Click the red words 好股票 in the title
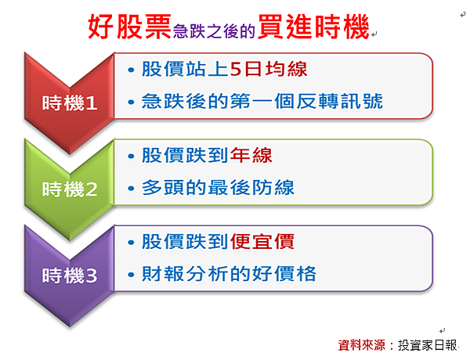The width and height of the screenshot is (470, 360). click(x=129, y=27)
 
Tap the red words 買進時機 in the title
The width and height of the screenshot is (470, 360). click(x=313, y=27)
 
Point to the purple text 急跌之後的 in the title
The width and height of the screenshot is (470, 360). click(x=214, y=31)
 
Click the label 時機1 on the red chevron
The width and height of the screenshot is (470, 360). click(x=70, y=103)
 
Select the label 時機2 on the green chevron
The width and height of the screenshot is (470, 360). click(x=70, y=189)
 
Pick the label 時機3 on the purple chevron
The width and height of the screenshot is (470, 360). click(x=70, y=275)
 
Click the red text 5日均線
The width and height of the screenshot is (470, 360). click(x=269, y=69)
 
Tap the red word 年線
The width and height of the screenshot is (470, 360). click(x=251, y=155)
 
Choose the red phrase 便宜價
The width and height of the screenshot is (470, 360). click(x=262, y=241)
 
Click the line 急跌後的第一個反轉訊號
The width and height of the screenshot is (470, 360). click(x=262, y=101)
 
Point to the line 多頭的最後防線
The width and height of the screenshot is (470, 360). click(x=218, y=188)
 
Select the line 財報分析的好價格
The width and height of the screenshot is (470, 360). click(x=229, y=273)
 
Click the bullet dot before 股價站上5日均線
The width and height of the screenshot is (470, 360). click(x=131, y=70)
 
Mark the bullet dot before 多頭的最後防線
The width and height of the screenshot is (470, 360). click(x=131, y=189)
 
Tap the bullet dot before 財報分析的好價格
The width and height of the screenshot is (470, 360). click(x=131, y=275)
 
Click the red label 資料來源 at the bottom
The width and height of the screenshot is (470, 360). click(x=361, y=345)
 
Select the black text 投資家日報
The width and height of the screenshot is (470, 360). click(x=428, y=345)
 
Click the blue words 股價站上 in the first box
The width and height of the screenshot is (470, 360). click(x=186, y=69)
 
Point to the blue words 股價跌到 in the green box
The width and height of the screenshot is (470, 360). click(x=186, y=155)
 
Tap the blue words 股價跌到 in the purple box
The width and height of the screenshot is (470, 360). click(x=186, y=241)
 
